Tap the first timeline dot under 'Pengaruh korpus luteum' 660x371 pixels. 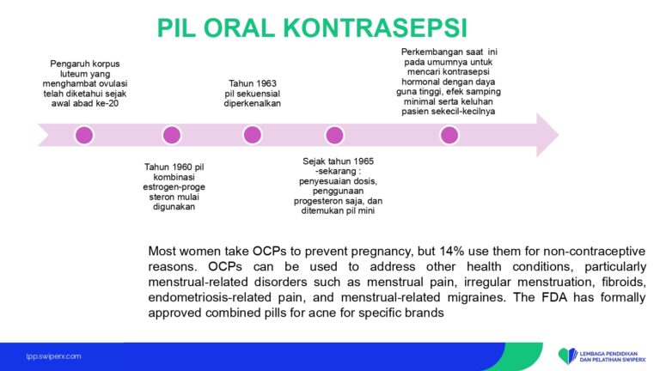84,135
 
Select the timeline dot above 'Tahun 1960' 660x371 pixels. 172,135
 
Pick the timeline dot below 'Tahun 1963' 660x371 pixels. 252,135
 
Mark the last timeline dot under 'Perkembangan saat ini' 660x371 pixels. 449,135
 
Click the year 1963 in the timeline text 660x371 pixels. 264,82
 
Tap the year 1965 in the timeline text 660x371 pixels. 358,161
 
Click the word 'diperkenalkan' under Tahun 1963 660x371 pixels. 252,103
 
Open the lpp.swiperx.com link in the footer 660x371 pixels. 53,356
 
